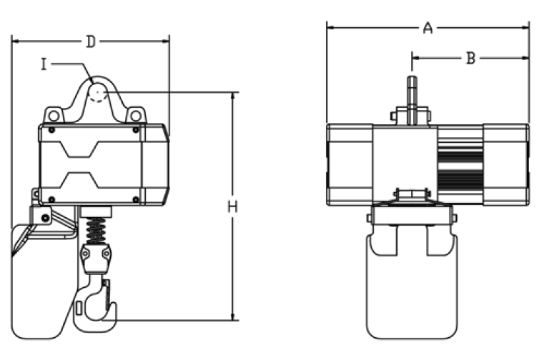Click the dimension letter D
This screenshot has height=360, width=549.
91,41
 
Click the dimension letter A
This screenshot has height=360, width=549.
428,28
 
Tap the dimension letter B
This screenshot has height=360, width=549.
471,58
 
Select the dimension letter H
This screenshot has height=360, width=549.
232,206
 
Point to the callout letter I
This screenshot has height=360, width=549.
44,64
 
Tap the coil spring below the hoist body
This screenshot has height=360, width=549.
96,230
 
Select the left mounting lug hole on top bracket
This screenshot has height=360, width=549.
54,116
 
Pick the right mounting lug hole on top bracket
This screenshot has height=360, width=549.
136,116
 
